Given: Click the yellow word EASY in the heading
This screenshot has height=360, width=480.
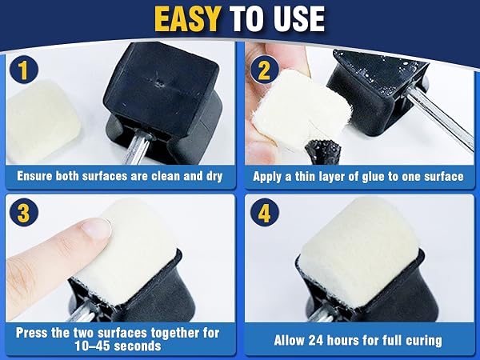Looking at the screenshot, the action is pos(187,19).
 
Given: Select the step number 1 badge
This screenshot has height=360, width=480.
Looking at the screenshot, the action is pos(23,70).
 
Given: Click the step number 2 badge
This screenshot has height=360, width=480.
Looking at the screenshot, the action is pos(264,70).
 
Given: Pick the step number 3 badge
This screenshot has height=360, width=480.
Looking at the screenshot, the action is pos(23,212).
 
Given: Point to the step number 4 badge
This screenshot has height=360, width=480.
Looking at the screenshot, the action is pos(264,212).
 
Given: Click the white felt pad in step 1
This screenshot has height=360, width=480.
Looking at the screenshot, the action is pos(43,122).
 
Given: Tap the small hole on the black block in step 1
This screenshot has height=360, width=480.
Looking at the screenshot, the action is pos(158,82).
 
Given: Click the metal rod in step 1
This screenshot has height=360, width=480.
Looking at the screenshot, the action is pos(134,148).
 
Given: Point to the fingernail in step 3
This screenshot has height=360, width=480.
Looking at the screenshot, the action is pos(98,228).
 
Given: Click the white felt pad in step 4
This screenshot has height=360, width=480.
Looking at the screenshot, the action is pos(360,252).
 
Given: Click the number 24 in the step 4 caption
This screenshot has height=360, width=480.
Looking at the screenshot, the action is pos(316,341).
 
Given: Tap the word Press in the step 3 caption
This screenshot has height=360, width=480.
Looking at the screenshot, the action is pos(32,333).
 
